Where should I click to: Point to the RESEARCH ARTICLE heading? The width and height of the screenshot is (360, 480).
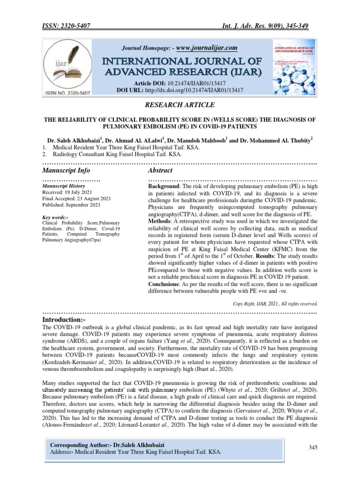[x=180, y=105]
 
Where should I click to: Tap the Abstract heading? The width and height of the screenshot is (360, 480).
[x=160, y=170]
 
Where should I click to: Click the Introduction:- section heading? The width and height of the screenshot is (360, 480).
[x=64, y=319]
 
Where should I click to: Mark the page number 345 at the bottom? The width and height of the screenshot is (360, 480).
[x=313, y=448]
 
